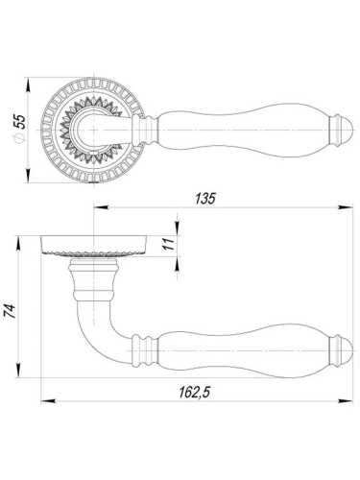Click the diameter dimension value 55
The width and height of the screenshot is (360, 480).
[21, 121]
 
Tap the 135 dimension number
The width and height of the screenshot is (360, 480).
[205, 199]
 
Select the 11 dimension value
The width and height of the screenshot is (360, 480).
[169, 244]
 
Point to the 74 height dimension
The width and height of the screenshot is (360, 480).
[11, 311]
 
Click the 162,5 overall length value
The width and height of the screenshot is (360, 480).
[194, 392]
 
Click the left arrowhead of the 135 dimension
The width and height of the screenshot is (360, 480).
[101, 207]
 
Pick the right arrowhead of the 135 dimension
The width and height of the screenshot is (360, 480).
[346, 207]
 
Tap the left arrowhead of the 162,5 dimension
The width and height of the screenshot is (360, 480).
[49, 400]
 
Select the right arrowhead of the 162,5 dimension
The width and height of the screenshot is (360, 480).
[346, 400]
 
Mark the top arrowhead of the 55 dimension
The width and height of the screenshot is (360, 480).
[28, 84]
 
